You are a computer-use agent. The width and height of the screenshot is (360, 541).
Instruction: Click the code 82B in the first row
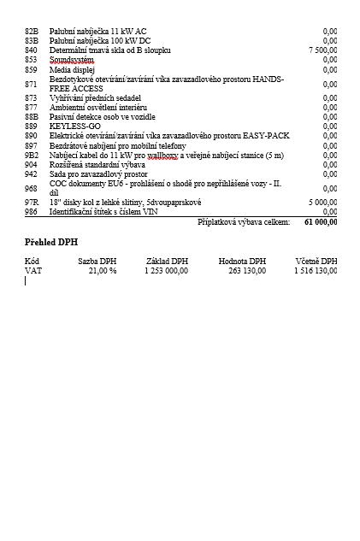click(x=32, y=31)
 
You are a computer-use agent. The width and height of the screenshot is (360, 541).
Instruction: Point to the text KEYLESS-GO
click(x=75, y=126)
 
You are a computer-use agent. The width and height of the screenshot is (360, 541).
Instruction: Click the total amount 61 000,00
click(x=321, y=221)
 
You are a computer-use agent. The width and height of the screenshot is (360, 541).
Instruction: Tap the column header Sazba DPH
click(x=97, y=261)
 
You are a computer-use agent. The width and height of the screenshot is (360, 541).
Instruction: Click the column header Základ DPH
click(x=167, y=261)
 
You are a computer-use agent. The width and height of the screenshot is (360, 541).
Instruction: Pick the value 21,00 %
click(x=102, y=270)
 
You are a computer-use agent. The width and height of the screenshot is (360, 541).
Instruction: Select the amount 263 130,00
click(x=243, y=270)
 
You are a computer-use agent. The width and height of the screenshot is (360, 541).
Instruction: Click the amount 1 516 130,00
click(x=316, y=270)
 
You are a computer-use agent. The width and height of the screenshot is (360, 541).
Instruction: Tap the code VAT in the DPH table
click(x=32, y=270)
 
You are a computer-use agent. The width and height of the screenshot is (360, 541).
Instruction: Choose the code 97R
click(x=32, y=202)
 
